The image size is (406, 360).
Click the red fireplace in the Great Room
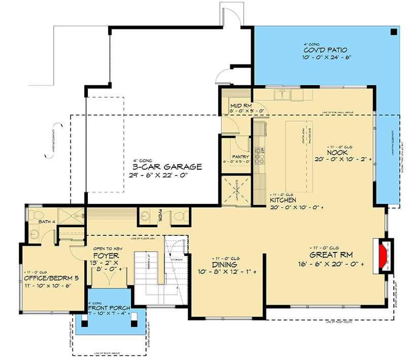(x=383, y=254)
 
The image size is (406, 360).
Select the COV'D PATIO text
(x=326, y=50)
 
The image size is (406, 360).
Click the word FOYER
(x=106, y=256)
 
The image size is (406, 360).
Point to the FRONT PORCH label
(x=110, y=307)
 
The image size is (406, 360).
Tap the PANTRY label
(x=239, y=156)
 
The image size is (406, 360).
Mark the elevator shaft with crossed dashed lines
(x=236, y=190)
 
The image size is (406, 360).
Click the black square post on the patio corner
(x=394, y=32)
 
